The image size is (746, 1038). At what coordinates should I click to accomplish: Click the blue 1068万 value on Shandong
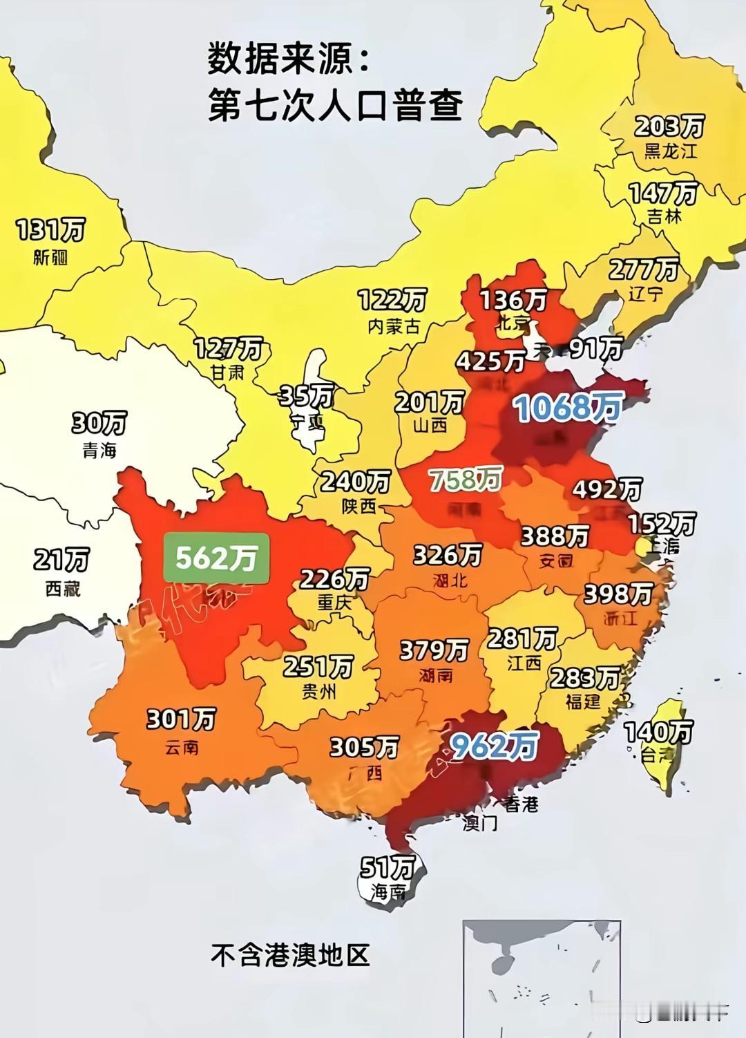pos(568,408)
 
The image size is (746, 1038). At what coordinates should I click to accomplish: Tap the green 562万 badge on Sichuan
pos(216,558)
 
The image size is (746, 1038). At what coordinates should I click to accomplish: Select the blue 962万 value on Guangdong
pos(494,745)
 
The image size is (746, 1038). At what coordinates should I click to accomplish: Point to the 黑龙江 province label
pos(671,151)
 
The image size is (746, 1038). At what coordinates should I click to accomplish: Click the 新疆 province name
pos(50,258)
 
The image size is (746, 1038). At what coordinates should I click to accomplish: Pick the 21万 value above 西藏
pos(61,560)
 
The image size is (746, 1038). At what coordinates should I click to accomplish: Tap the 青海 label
pos(99,451)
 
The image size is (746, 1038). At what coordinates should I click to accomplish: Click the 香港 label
pos(520,804)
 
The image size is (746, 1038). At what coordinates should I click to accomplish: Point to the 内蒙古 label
pos(394,326)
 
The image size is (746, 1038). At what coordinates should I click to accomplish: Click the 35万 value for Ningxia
pos(306,396)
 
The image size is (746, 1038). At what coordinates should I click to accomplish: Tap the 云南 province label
pos(182,748)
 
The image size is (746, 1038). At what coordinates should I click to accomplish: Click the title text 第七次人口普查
pos(335,107)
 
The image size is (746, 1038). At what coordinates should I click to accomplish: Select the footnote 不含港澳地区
pos(290,955)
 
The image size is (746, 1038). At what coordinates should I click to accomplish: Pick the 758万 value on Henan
pos(465,479)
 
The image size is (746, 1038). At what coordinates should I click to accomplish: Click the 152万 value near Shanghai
pos(662,524)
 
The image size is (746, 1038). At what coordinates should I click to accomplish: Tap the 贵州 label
pos(318,691)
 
